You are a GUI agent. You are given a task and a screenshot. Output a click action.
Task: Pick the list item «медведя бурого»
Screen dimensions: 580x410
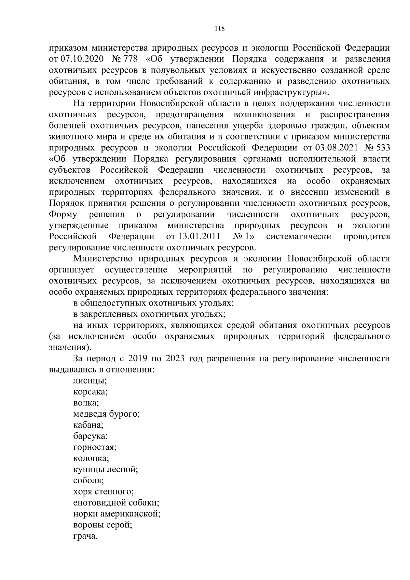[107, 414]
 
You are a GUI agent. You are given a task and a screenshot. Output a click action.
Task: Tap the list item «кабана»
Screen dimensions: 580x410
[88, 425]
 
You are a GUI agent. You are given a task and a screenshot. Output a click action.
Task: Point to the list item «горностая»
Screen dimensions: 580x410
[95, 447]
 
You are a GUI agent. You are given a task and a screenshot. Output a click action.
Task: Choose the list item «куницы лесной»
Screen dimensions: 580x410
[106, 470]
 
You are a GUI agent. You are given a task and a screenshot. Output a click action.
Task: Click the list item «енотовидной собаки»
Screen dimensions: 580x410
[116, 503]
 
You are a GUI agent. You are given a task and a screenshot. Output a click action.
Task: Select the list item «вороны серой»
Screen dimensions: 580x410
[103, 525]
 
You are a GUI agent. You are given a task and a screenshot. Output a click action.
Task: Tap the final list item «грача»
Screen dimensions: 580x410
[85, 536]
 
